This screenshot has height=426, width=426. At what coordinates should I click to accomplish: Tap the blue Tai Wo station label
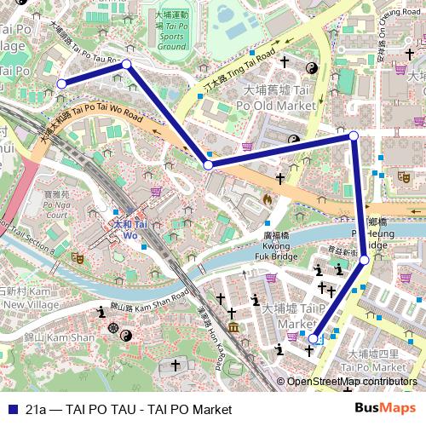(x=124, y=229)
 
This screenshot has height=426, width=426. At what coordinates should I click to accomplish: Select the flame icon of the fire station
(x=268, y=199)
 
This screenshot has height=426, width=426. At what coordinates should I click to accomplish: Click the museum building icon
(x=233, y=328)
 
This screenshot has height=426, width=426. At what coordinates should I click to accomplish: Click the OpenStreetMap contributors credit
(x=351, y=382)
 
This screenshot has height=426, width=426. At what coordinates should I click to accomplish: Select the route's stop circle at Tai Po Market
(x=313, y=338)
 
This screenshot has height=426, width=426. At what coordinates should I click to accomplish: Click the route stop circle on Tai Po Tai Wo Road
(x=208, y=164)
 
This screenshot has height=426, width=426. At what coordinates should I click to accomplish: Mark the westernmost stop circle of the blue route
(x=61, y=83)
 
